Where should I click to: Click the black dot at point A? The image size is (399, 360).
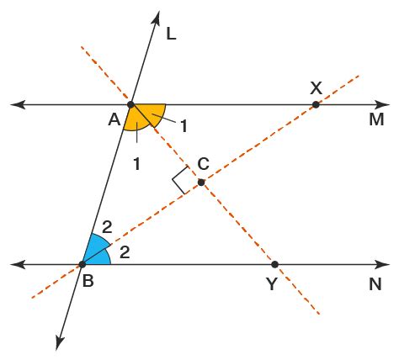pos(130,105)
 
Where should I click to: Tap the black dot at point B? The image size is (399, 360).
pos(82,264)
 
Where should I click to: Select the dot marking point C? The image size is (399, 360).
pos(200,183)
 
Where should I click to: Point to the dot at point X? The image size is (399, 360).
pos(316,105)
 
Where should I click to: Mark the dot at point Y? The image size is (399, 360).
pos(274,264)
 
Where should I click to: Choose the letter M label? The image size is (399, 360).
pos(375,120)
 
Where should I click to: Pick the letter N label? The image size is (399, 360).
pos(375,283)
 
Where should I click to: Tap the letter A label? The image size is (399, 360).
pos(114,120)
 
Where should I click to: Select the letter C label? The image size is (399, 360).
pos(204,163)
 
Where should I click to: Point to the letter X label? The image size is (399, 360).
pos(316,87)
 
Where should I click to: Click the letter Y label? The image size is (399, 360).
pos(272,284)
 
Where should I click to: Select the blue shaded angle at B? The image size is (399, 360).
pos(95,251)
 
